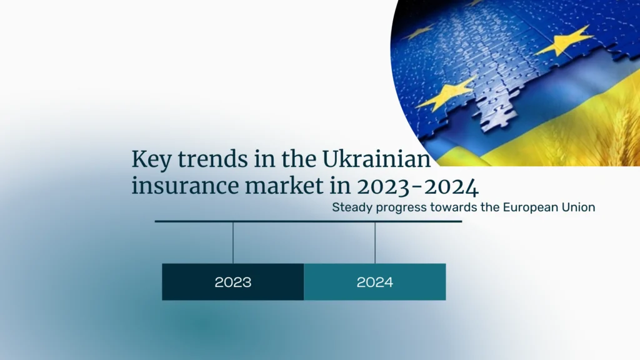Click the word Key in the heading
point(151,160)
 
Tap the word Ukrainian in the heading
point(376,159)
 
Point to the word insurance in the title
point(185,186)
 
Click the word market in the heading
point(284,186)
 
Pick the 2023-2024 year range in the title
point(418,187)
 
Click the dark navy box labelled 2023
point(233,282)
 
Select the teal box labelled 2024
point(375,282)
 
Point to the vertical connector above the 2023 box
point(233,243)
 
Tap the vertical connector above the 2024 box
point(375,243)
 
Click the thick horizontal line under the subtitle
point(308,221)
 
